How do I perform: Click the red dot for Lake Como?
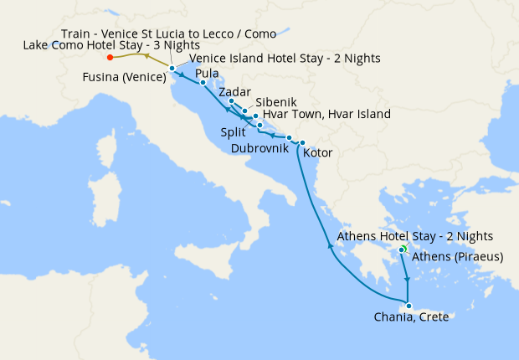tap(110, 58)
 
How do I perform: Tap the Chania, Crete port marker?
tap(408, 305)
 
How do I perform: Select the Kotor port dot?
tap(302, 143)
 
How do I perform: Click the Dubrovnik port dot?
tap(289, 138)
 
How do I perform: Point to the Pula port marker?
tap(203, 82)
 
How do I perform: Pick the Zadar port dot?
tap(231, 101)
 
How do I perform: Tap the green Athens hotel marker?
tap(402, 249)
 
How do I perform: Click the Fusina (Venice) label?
tap(122, 78)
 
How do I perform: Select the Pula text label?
tap(208, 74)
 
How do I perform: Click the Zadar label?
tap(234, 92)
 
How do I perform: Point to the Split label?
tap(234, 132)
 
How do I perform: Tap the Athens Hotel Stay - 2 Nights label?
tap(414, 237)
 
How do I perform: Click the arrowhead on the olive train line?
tap(147, 55)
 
